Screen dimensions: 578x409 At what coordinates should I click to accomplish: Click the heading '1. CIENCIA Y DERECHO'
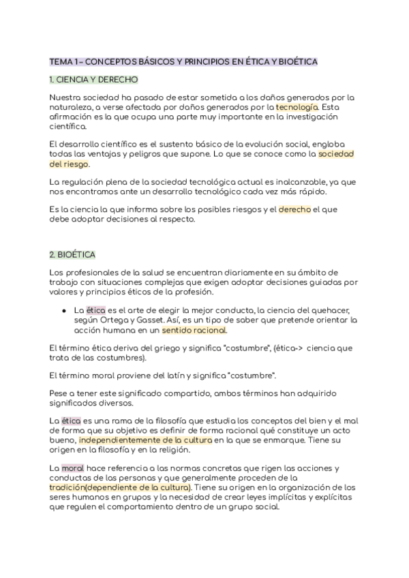point(94,80)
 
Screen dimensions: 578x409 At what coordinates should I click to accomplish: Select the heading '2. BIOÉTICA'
point(72,254)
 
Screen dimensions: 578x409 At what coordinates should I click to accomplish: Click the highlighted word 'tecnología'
point(297,107)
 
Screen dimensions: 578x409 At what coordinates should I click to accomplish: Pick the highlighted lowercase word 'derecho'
point(294,210)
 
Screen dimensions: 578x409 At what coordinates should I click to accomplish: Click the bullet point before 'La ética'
point(63,310)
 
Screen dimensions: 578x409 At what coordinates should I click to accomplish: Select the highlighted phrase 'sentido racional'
point(194,330)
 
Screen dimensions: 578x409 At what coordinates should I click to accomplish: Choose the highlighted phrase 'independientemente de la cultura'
point(156,441)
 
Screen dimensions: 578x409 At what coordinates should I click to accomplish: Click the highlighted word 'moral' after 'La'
point(73,470)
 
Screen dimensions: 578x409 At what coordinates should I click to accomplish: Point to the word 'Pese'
point(59,394)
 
